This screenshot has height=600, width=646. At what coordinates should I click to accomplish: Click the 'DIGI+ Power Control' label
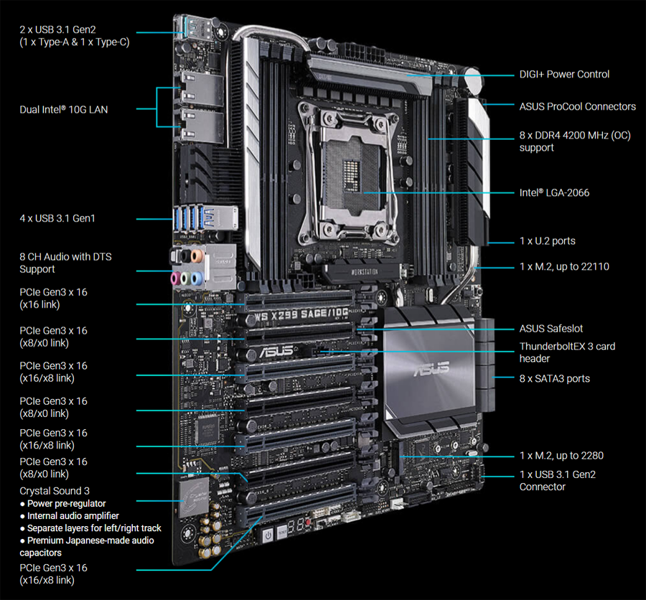[564, 74]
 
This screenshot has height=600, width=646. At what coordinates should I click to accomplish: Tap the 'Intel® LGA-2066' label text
[554, 192]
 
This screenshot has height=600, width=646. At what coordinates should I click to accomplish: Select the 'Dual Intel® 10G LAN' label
[64, 110]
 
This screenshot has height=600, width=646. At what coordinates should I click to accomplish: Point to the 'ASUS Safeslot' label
[551, 329]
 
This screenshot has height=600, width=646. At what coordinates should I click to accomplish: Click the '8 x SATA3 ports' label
[555, 378]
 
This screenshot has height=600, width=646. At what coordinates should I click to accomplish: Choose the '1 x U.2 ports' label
[547, 240]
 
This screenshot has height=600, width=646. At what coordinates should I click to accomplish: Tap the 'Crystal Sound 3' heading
[55, 491]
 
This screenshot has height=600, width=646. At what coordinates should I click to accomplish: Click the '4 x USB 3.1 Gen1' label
[57, 218]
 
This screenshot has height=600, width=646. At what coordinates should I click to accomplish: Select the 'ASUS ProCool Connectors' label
[577, 106]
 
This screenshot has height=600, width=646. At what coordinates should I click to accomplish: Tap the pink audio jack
[176, 278]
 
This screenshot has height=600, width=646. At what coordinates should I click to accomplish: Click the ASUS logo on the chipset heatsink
[431, 368]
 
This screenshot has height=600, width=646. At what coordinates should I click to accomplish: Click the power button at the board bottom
[268, 535]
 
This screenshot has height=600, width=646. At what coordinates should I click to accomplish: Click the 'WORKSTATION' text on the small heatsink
[364, 271]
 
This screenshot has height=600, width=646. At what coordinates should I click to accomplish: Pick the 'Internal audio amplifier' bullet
[69, 515]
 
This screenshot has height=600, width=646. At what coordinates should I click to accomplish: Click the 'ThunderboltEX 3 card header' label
[567, 352]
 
